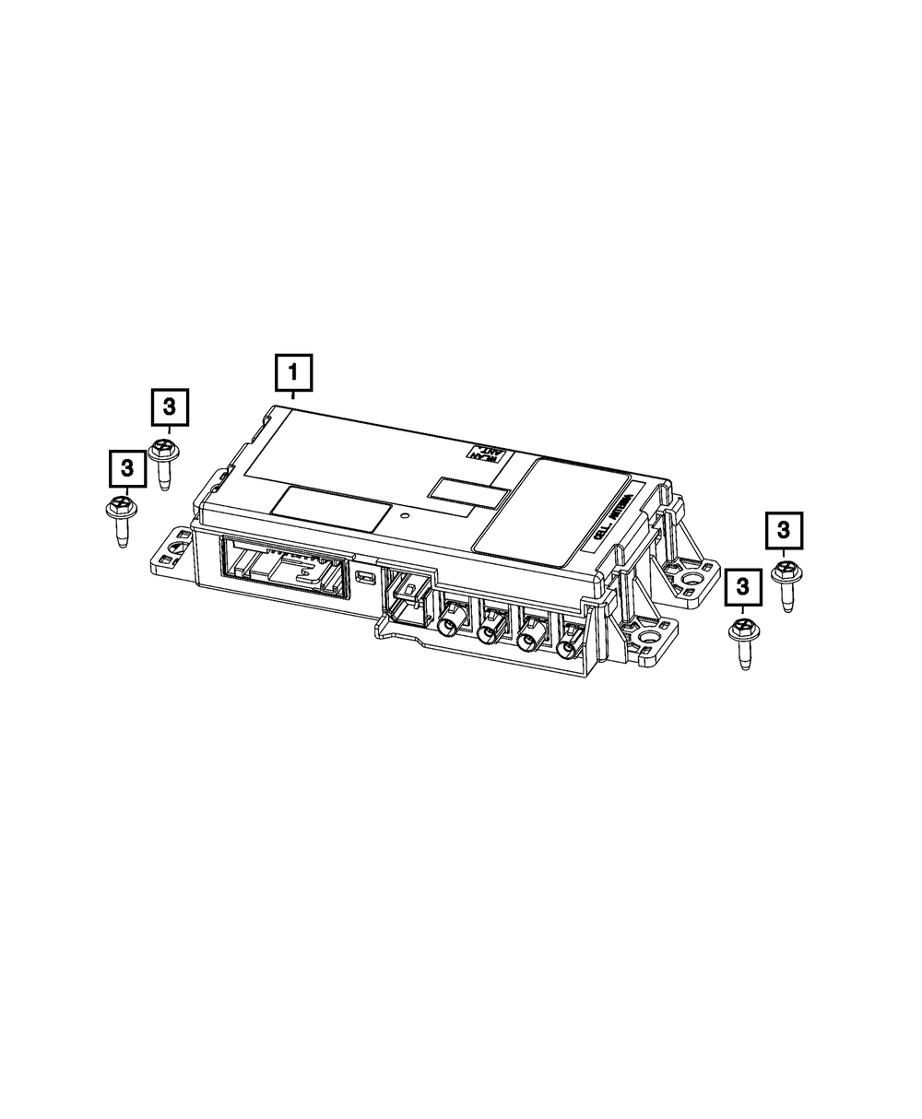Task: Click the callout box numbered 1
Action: [x=293, y=373]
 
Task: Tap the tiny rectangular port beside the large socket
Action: [x=365, y=578]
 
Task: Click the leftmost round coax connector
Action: [x=451, y=623]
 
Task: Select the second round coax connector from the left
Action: [x=490, y=630]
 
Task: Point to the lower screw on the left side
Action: [x=121, y=514]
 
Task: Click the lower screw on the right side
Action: [x=741, y=641]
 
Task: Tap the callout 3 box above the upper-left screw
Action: [x=169, y=406]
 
